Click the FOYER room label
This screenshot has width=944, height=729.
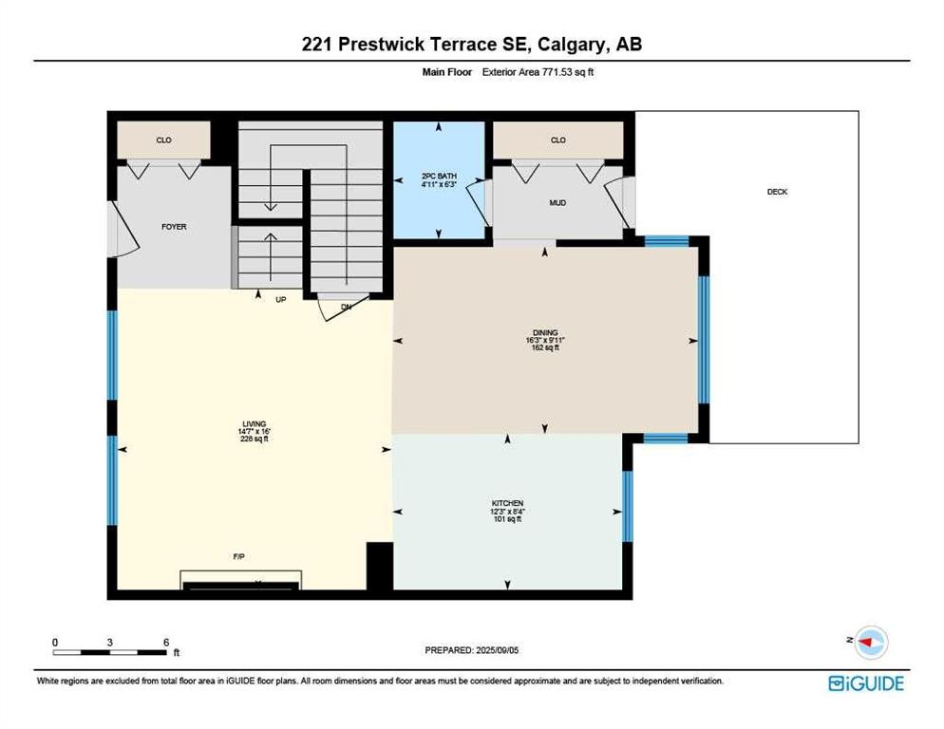click(174, 227)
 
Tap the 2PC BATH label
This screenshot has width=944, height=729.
click(439, 176)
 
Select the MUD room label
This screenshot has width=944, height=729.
click(557, 202)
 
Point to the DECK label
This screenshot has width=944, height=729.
click(777, 192)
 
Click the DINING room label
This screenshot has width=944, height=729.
click(544, 332)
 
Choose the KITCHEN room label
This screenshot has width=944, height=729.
click(507, 503)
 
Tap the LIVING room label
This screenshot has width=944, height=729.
click(253, 424)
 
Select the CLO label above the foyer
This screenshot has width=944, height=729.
click(163, 140)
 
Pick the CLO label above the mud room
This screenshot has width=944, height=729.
click(557, 140)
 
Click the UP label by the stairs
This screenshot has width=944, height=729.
click(280, 299)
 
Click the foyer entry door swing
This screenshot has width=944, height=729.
click(123, 232)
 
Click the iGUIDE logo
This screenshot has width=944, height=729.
click(865, 683)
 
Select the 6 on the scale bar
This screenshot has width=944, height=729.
click(166, 643)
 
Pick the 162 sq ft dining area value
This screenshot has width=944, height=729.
click(544, 348)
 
